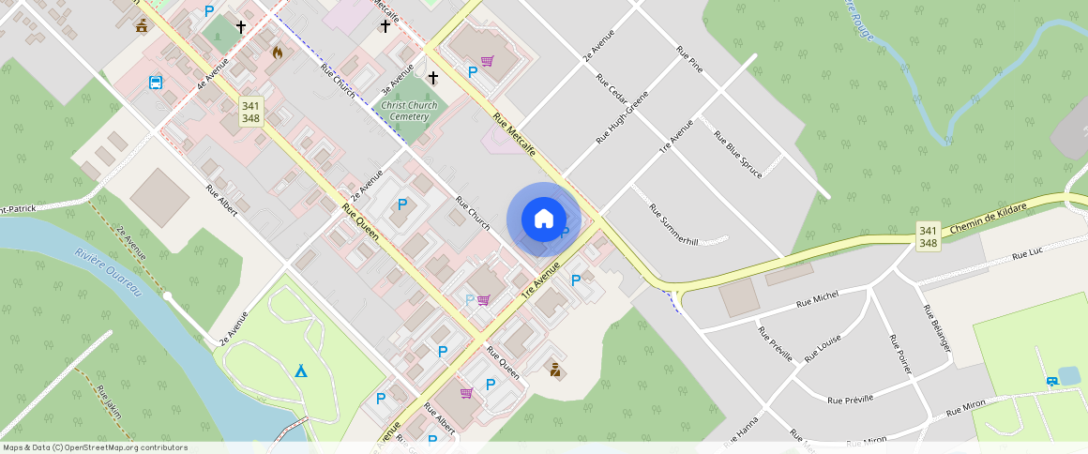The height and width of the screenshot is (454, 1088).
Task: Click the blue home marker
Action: point(544,219)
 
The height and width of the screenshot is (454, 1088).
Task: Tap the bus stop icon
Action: point(155,83)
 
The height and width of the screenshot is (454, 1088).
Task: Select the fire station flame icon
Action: point(277,53)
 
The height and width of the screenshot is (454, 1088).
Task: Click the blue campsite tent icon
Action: point(300,371)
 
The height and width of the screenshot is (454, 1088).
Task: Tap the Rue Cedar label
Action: point(612,76)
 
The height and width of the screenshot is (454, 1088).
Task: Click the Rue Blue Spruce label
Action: point(737,151)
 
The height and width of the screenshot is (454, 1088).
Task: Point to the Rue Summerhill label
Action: point(674,224)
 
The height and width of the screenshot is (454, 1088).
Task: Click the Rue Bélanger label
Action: point(937,328)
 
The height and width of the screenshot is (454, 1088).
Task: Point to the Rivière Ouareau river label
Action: point(108,272)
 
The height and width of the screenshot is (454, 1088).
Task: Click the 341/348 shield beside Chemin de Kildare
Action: point(928,236)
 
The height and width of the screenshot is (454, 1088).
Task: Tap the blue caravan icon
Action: point(1053,381)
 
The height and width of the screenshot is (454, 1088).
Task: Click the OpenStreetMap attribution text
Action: point(94,447)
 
